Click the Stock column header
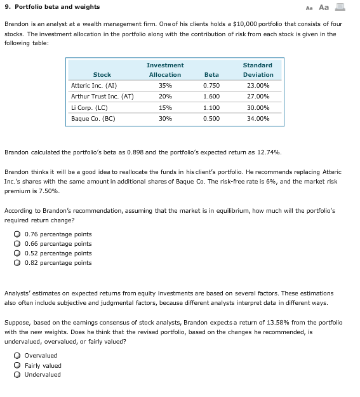point(102,75)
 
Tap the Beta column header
point(211,75)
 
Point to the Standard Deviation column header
point(257,70)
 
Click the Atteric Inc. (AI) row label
point(94,85)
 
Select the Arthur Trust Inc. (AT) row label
point(102,97)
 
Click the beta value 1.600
point(211,97)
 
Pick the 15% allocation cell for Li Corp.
point(165,108)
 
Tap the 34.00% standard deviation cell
point(258,119)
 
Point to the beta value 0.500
point(211,119)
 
